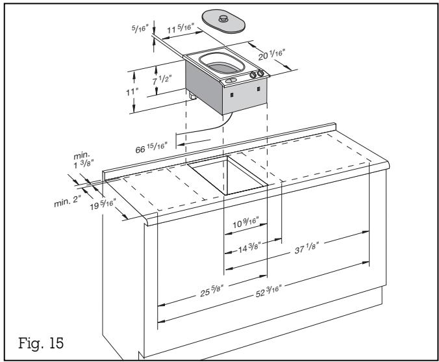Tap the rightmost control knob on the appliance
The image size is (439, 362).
point(260,75)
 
